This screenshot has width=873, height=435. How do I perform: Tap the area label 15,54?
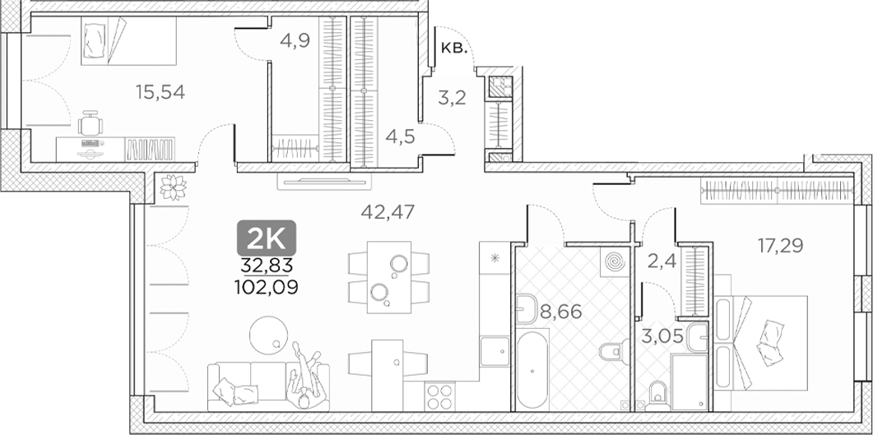[x=160, y=91]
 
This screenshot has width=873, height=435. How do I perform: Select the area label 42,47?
[x=387, y=211]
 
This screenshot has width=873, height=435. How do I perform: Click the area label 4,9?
[x=294, y=39]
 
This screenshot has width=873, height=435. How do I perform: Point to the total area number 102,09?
[x=266, y=287]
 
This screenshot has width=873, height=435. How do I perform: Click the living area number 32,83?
[x=267, y=265]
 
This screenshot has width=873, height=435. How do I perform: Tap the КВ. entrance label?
[x=454, y=49]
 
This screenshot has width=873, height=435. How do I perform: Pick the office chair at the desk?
[x=92, y=125]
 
